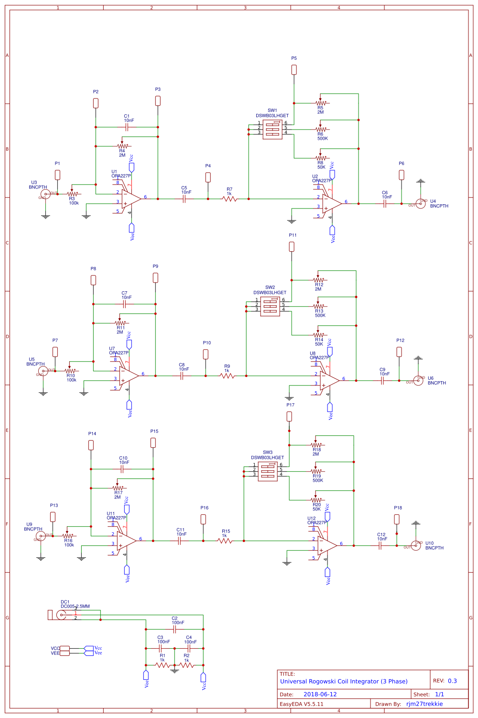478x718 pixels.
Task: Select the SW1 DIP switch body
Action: (x=272, y=129)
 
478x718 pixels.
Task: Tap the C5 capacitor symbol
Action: (x=184, y=199)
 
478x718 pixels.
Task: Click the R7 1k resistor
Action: (x=229, y=199)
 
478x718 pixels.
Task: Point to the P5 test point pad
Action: (x=294, y=70)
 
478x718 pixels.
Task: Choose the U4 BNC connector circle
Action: (x=420, y=204)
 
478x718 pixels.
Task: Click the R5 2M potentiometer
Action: (x=321, y=103)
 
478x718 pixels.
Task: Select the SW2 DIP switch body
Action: (x=270, y=306)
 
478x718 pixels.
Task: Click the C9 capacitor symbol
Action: (x=382, y=381)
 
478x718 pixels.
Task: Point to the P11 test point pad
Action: (x=292, y=247)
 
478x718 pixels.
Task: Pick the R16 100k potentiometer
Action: (x=68, y=536)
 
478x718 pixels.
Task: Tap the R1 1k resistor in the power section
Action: (x=163, y=665)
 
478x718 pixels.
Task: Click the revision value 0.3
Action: (x=452, y=681)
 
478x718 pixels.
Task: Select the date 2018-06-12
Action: (x=320, y=694)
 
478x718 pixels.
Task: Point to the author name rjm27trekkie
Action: (x=424, y=704)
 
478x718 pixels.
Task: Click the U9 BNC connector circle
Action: (x=41, y=536)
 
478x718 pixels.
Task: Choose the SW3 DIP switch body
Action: (x=268, y=471)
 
